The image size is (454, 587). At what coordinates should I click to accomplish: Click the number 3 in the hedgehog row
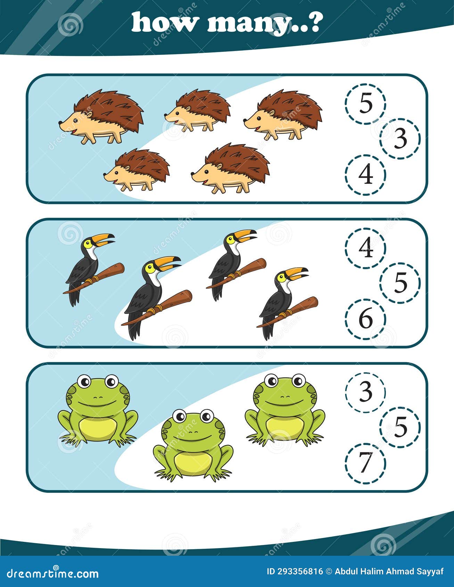point(400,139)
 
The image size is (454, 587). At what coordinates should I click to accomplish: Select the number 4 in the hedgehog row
point(365,174)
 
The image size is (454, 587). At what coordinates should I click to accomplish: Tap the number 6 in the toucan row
point(365,319)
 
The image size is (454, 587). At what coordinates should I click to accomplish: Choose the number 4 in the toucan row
point(365,248)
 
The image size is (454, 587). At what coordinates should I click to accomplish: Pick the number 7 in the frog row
point(365,463)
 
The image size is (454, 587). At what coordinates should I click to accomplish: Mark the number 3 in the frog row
point(365,392)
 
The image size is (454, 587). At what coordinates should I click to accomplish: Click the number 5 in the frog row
point(400,427)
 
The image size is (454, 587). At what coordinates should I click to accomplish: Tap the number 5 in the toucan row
point(400,283)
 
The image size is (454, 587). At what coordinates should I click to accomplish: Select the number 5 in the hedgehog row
point(365,104)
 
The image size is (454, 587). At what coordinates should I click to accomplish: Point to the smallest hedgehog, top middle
point(198,110)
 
